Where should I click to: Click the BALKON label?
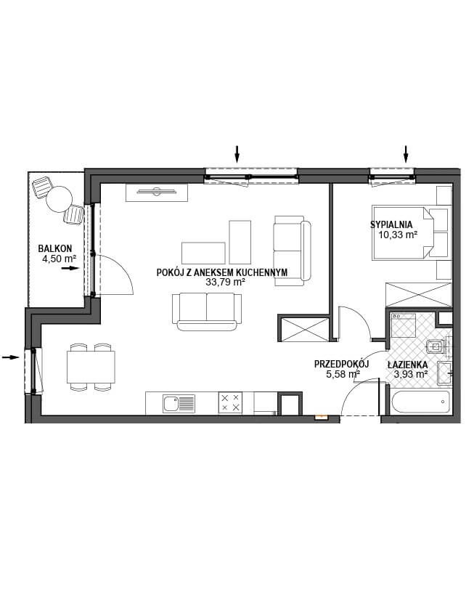click(x=54, y=248)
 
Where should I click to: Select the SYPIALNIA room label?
click(x=391, y=225)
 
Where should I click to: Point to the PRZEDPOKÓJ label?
click(x=342, y=365)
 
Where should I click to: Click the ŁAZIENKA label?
click(x=407, y=365)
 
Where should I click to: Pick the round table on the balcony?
click(x=60, y=199)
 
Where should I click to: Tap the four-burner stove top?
click(x=230, y=402)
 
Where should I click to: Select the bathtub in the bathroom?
click(x=421, y=402)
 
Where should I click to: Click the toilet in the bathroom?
click(x=438, y=346)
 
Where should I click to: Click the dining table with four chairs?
click(x=91, y=367)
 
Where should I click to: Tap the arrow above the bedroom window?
click(x=406, y=154)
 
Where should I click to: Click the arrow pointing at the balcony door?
click(x=70, y=268)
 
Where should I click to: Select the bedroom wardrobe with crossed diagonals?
click(x=419, y=295)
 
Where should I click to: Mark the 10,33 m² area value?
click(x=397, y=235)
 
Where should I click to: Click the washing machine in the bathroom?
click(x=404, y=325)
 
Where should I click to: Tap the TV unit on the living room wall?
click(x=157, y=192)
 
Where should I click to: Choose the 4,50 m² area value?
click(x=59, y=259)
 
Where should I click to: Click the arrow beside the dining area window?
click(x=11, y=357)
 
